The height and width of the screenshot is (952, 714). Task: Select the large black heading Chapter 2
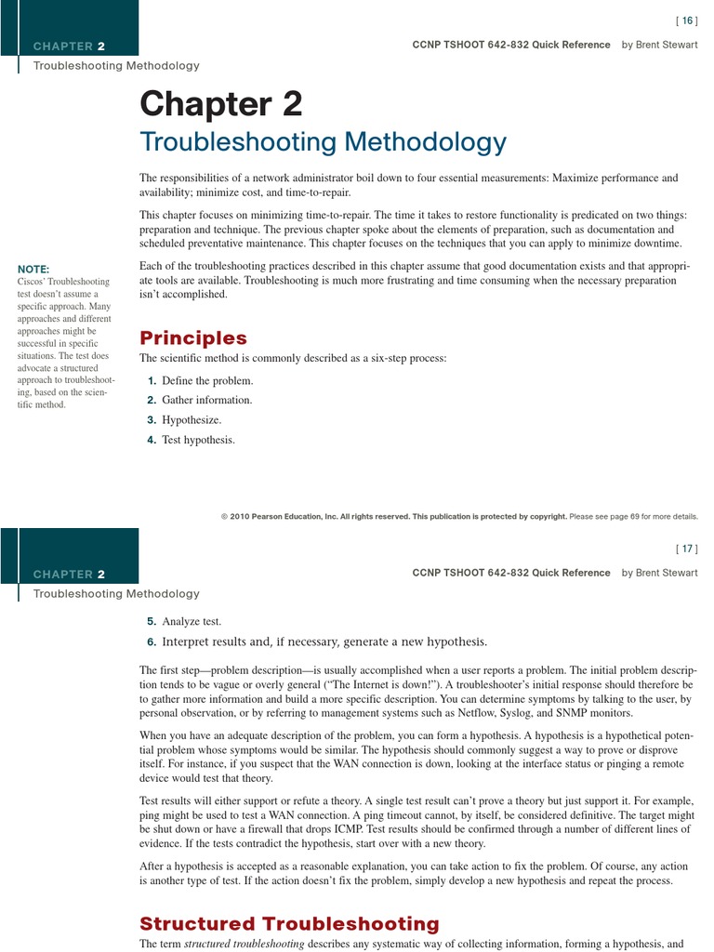[221, 104]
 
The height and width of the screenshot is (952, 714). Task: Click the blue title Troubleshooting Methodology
[323, 142]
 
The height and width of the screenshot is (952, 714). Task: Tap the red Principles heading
[193, 337]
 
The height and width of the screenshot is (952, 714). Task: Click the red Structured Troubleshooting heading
[289, 923]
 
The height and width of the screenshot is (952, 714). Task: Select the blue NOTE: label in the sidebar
[33, 269]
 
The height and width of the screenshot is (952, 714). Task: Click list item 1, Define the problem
[206, 381]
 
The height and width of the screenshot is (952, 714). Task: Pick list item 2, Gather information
[206, 401]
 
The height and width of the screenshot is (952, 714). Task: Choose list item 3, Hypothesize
[192, 420]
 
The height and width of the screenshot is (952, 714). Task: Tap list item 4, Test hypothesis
[198, 440]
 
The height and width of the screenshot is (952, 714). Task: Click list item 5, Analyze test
[192, 621]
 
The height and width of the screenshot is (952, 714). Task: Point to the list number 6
[151, 641]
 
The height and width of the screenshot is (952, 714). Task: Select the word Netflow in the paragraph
[476, 713]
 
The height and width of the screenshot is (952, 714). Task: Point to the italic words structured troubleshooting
[245, 944]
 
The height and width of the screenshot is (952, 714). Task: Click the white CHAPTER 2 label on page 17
[69, 575]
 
